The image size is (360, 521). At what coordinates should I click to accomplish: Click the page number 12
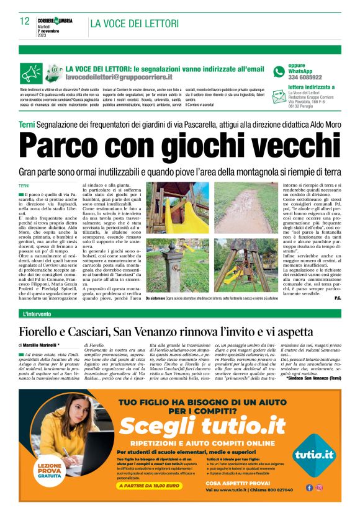[25, 21]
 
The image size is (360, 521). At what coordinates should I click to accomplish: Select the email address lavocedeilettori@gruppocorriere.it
[119, 78]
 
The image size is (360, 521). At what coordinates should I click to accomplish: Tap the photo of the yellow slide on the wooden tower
[173, 207]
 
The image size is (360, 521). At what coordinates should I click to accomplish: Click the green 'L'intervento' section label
[38, 315]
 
